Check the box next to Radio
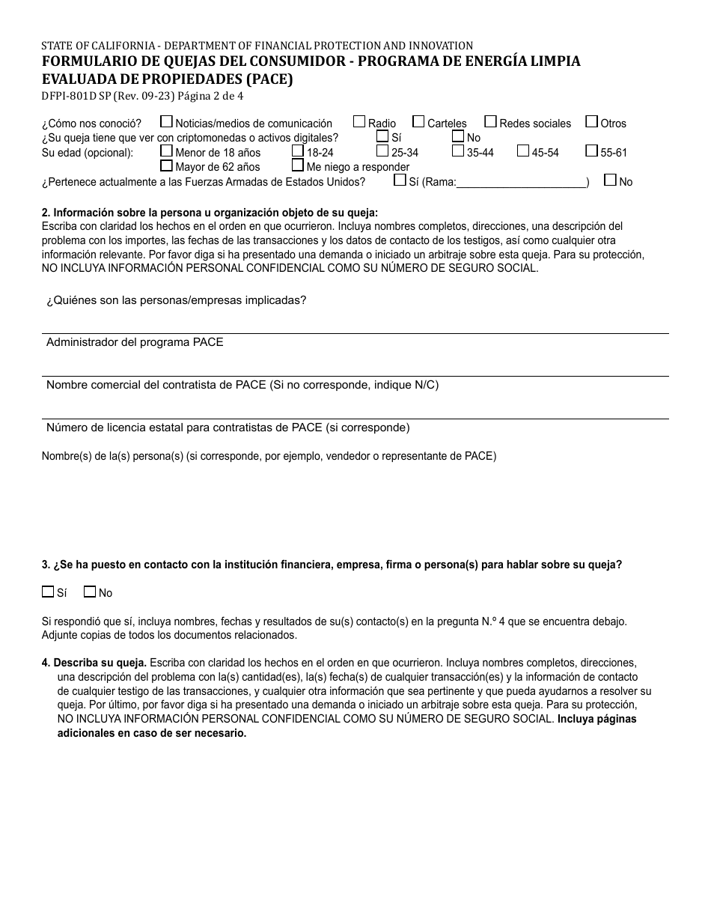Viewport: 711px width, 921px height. pos(359,122)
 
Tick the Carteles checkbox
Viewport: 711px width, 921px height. pos(418,122)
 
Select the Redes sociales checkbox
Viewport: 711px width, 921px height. pos(490,122)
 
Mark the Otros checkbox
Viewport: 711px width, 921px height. pos(591,122)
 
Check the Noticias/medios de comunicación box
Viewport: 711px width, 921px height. pos(166,122)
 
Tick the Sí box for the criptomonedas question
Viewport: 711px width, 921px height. pos(382,136)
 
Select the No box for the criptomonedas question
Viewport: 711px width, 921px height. pos(458,136)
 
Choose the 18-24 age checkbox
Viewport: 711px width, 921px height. pos(298,151)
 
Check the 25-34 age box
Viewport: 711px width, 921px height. pos(382,151)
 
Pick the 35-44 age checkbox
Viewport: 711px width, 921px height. pos(458,151)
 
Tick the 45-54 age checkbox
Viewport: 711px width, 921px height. pos(523,151)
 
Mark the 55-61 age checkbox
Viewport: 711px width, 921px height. pos(591,151)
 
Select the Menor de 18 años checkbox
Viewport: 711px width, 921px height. pos(166,151)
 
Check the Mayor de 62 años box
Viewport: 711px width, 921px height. pos(166,165)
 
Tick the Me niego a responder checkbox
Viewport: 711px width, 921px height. pos(298,165)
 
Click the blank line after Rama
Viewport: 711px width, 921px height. pos(521,181)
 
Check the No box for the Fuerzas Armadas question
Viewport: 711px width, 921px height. pos(610,180)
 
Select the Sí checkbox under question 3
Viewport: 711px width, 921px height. pos(48,592)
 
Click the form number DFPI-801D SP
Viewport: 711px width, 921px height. pos(76,96)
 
